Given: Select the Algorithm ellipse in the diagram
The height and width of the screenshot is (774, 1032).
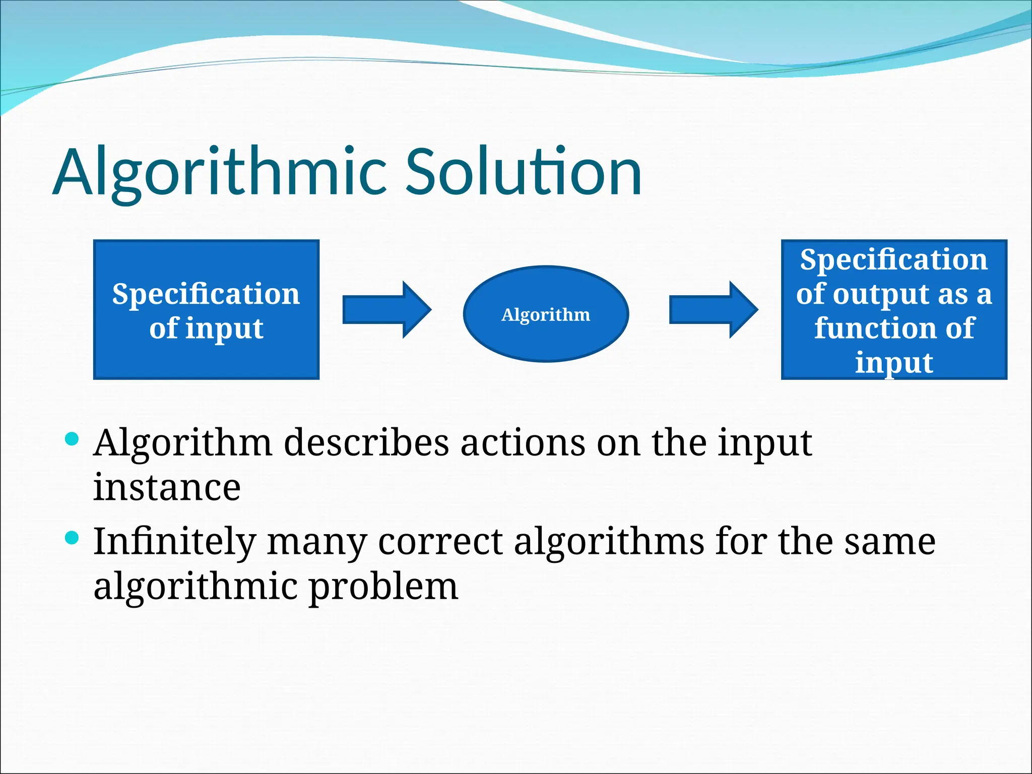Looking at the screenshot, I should click(x=546, y=314).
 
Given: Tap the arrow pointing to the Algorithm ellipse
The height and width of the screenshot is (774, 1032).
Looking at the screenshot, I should click(x=386, y=310).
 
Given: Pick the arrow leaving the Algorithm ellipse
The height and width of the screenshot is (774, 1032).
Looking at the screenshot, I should click(x=713, y=310).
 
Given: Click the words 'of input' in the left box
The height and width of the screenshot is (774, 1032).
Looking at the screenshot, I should click(x=206, y=329).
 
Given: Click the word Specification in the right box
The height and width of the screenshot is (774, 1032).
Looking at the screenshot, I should click(x=893, y=260).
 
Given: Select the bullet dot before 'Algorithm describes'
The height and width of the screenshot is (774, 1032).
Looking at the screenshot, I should click(x=73, y=438).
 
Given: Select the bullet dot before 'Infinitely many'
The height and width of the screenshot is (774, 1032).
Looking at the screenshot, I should click(x=73, y=538).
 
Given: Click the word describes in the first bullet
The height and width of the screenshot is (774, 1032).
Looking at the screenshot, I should click(x=366, y=443).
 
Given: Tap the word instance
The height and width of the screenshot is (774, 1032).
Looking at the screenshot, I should click(x=167, y=488).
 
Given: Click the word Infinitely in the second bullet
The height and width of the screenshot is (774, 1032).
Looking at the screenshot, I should click(x=174, y=542).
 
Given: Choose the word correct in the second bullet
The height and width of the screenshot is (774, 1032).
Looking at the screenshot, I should click(x=440, y=542).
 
